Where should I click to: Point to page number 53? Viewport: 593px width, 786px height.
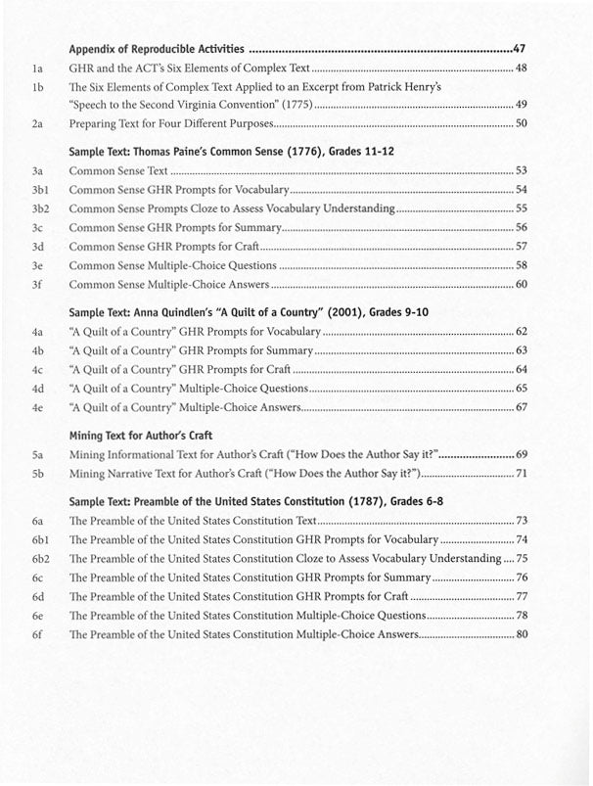521,170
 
